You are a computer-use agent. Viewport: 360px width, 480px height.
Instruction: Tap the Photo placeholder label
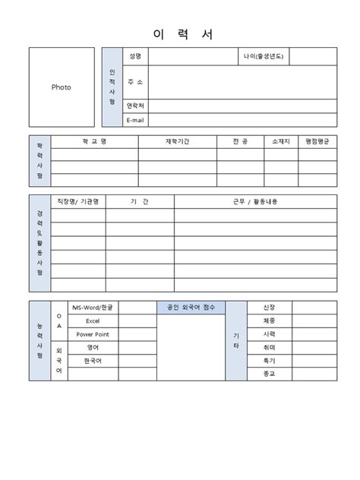61,87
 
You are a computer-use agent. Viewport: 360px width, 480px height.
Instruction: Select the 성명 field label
135,55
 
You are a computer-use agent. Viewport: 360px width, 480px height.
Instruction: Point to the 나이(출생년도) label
264,55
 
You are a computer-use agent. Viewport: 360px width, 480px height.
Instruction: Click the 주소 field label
135,81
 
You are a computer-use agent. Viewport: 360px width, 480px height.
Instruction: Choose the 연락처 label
135,106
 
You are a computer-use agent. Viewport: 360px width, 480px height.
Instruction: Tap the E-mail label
135,120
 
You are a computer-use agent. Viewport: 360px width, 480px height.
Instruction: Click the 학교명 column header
94,141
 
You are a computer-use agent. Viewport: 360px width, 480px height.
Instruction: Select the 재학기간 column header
178,141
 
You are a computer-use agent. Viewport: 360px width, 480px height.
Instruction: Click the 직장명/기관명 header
77,201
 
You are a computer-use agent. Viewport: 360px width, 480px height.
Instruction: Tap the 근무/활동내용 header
254,201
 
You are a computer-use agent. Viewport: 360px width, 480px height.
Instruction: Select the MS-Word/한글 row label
92,308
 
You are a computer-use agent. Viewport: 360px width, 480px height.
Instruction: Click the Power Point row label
92,334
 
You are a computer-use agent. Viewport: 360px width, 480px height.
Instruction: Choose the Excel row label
92,321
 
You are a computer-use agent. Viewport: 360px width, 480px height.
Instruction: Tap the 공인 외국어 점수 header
191,308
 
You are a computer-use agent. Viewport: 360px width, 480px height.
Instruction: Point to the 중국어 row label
92,360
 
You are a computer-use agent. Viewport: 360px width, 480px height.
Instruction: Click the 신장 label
268,308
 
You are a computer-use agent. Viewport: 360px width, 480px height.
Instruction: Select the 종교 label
268,374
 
